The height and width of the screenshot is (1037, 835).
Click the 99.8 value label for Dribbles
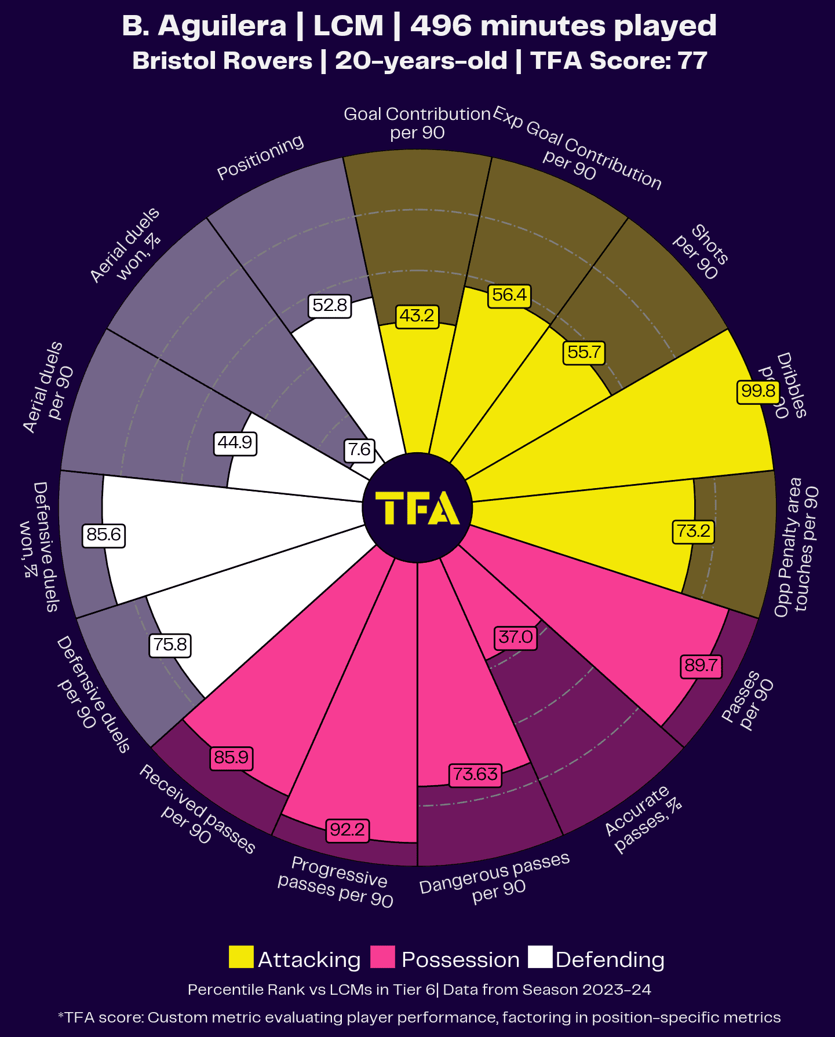pyautogui.click(x=758, y=391)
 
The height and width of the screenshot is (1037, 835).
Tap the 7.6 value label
pyautogui.click(x=359, y=450)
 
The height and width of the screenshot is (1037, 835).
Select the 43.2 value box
pyautogui.click(x=417, y=316)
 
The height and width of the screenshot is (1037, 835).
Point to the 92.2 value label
pyautogui.click(x=347, y=830)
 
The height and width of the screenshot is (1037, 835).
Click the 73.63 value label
pyautogui.click(x=475, y=774)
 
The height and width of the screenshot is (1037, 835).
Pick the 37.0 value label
pyautogui.click(x=515, y=637)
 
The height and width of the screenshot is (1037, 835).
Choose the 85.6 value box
pyautogui.click(x=104, y=534)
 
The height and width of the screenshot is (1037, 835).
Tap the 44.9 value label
pyautogui.click(x=235, y=443)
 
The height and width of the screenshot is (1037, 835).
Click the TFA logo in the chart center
pyautogui.click(x=417, y=508)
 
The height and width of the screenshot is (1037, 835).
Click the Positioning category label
pyautogui.click(x=260, y=157)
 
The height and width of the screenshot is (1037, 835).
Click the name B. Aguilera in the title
pyautogui.click(x=205, y=26)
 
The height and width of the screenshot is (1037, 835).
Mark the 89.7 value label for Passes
pyautogui.click(x=701, y=665)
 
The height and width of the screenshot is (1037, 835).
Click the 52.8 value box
pyautogui.click(x=330, y=305)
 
